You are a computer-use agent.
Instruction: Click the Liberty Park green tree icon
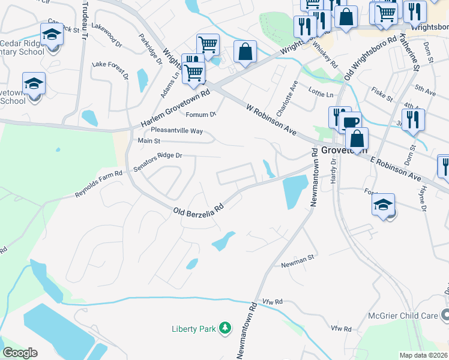coord(225,328)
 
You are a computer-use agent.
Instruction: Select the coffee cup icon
coord(352,121)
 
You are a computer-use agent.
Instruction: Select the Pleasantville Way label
coord(176,130)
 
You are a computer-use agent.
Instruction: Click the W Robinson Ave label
coord(272,118)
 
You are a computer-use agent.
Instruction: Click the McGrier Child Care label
coord(406,315)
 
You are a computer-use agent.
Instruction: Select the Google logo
coord(20,353)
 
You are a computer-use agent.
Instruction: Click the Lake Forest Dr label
coord(110,69)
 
